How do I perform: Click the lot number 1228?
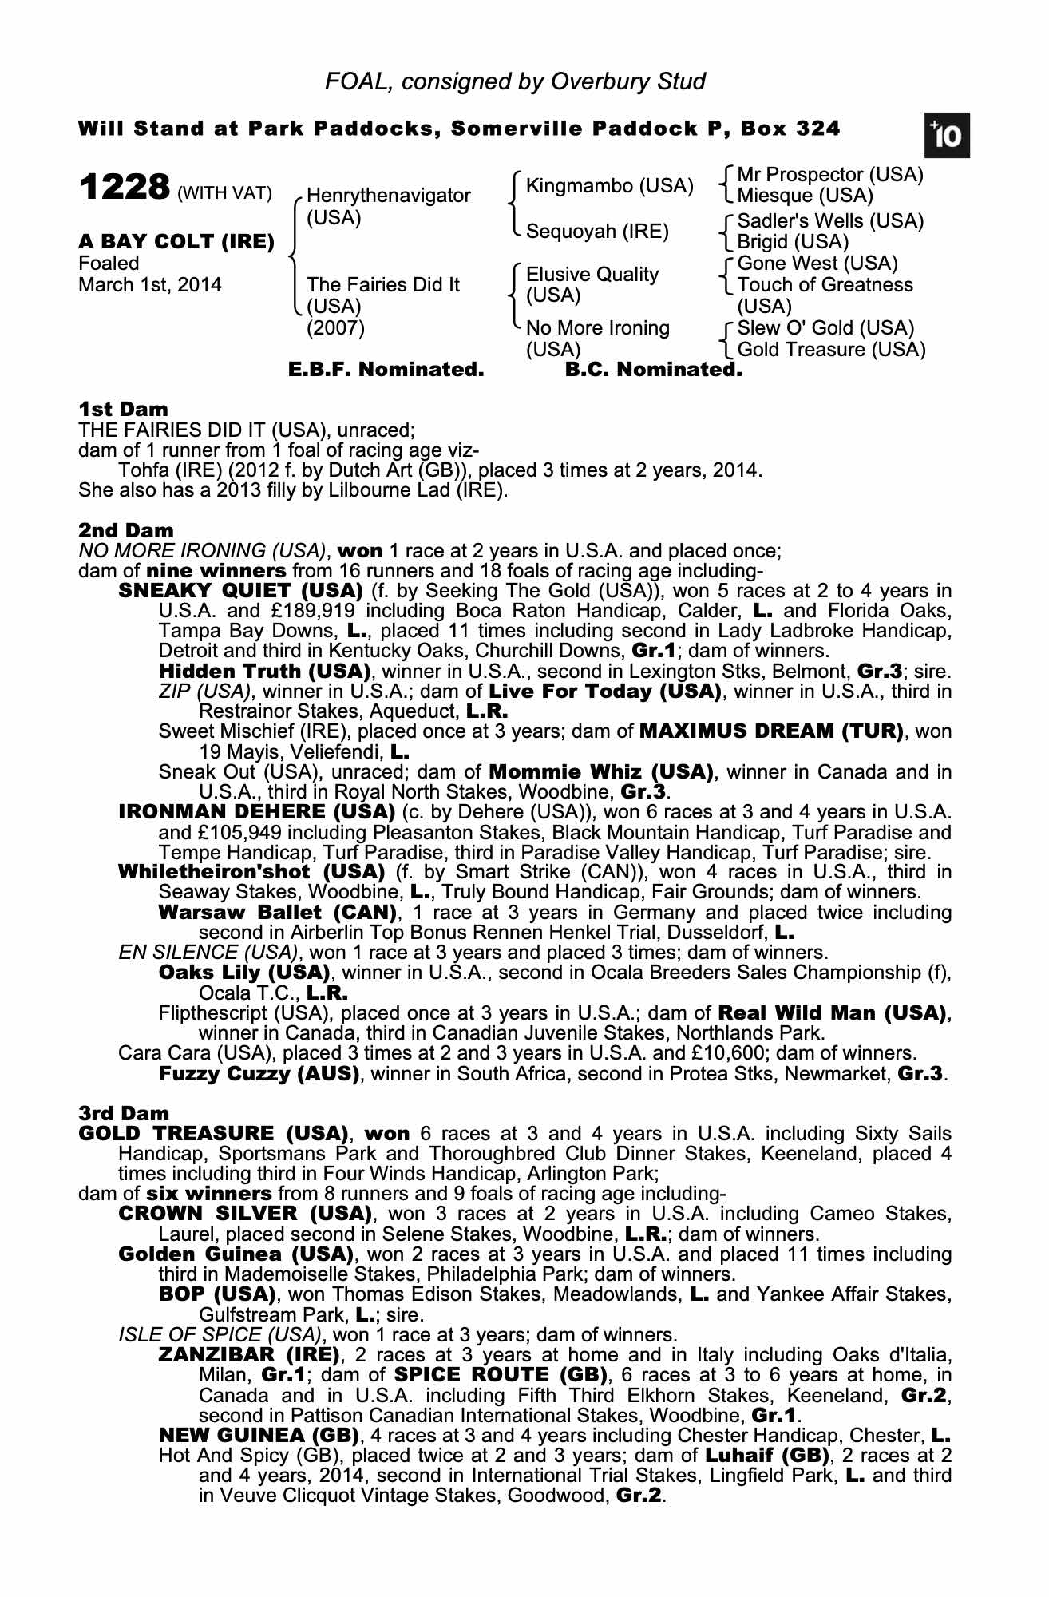125,188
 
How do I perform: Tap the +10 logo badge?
947,137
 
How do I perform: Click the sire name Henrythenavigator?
389,196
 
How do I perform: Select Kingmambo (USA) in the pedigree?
610,186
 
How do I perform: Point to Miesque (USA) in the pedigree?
805,196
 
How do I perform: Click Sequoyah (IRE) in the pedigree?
597,232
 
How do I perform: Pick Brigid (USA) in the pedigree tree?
793,242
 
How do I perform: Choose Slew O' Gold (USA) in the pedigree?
825,328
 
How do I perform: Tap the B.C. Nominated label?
653,370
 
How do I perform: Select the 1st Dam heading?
123,410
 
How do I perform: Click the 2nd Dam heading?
126,530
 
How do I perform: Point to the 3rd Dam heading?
125,1113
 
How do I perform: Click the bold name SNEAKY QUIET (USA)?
240,591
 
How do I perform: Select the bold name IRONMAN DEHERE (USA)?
256,812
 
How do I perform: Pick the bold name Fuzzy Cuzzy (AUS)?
259,1073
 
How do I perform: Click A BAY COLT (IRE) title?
176,242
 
